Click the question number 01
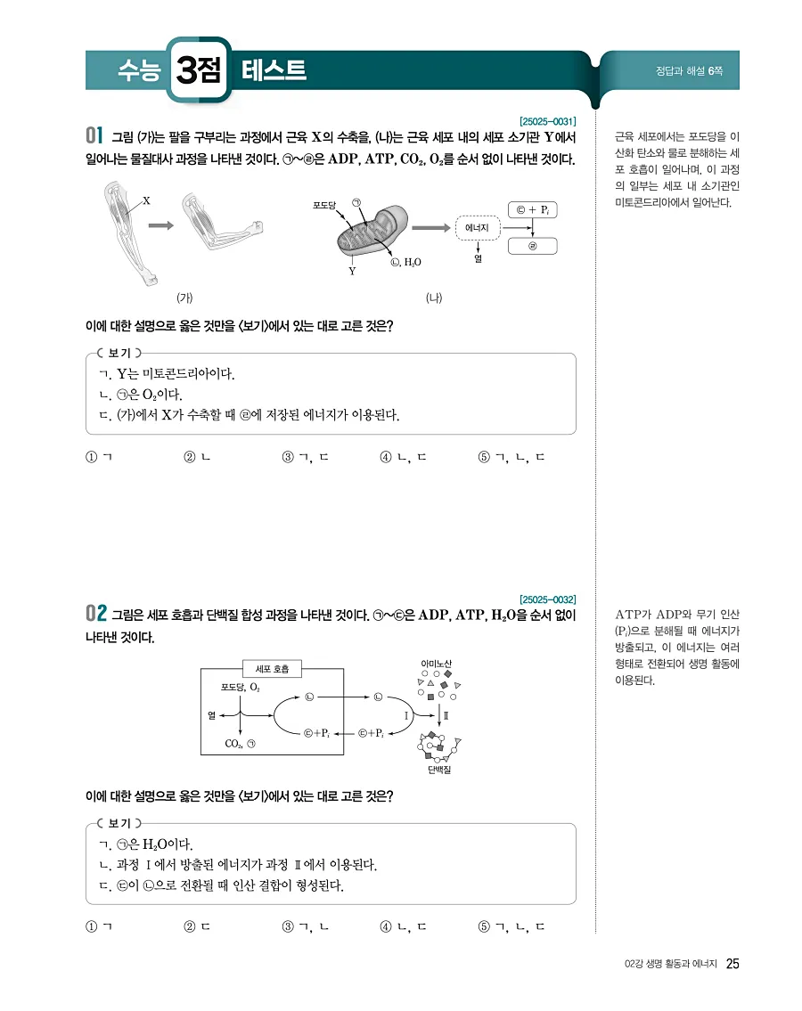tap(96, 136)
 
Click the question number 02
tap(96, 614)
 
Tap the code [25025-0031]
tap(546, 121)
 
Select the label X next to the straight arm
tap(145, 201)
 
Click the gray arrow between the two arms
tap(160, 225)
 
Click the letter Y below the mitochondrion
tap(353, 271)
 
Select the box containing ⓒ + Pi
tap(532, 210)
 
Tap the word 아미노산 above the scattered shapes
tap(436, 664)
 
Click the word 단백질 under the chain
tap(438, 769)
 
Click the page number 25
tap(733, 964)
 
